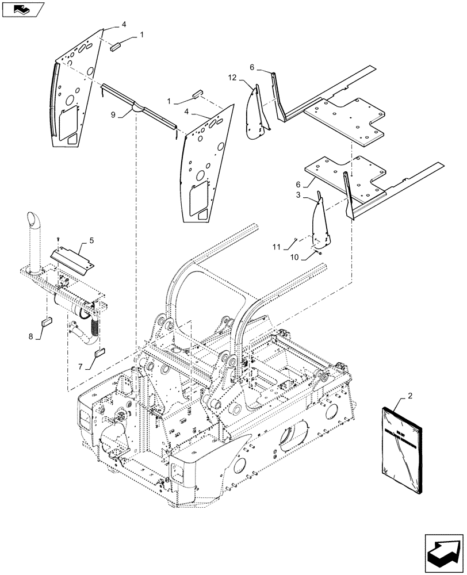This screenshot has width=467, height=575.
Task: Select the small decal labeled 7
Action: tap(99, 352)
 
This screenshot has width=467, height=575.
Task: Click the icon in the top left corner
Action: tap(21, 9)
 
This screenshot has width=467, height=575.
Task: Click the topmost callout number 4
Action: tap(124, 25)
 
